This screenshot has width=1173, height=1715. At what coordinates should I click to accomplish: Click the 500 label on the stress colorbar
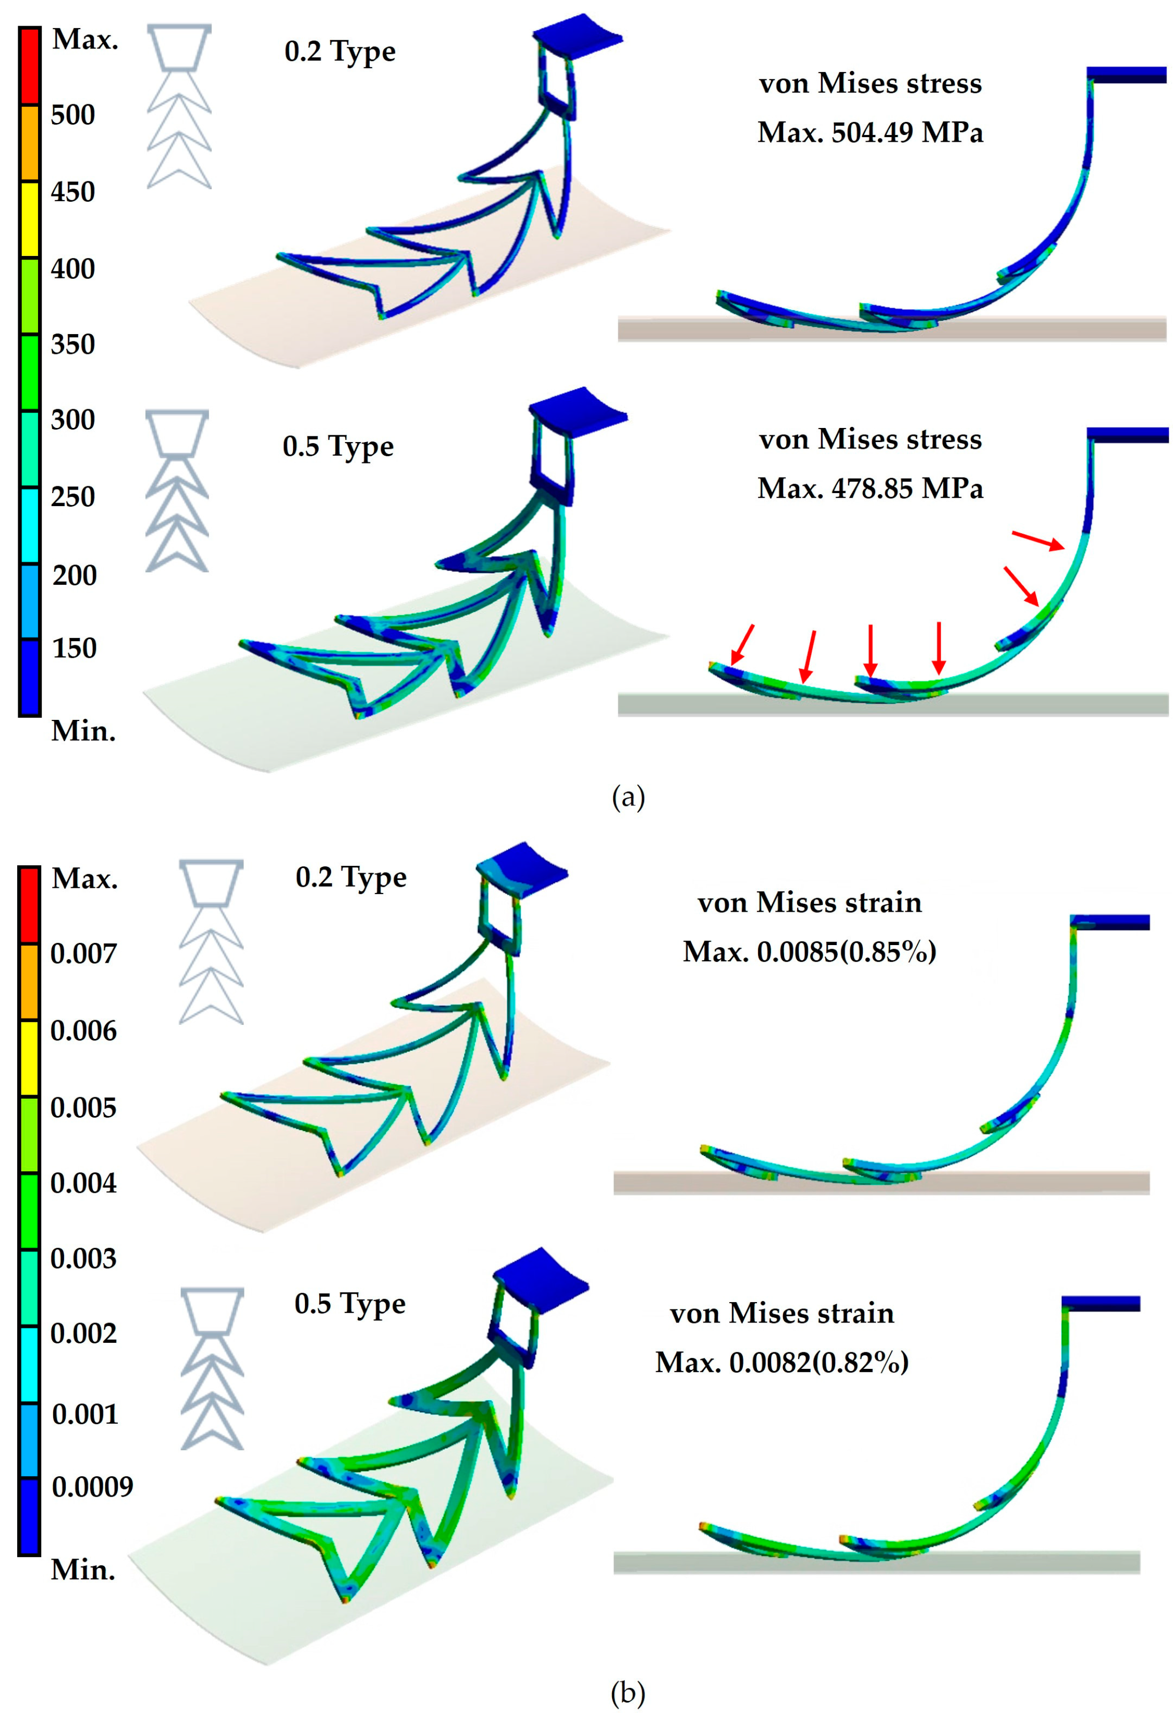[x=72, y=115]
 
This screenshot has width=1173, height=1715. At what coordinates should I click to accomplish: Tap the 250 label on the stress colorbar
[x=72, y=497]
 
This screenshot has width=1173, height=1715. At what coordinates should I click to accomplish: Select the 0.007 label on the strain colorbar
[x=83, y=953]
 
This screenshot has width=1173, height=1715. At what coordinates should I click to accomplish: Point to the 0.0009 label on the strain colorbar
[x=92, y=1486]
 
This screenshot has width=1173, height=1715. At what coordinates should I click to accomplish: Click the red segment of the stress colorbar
[x=30, y=66]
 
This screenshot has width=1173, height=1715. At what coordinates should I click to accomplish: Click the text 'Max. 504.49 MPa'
[x=870, y=133]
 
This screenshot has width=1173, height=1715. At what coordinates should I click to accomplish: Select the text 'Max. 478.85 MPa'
[x=870, y=488]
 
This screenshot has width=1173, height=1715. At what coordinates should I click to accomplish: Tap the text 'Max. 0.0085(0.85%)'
[x=809, y=952]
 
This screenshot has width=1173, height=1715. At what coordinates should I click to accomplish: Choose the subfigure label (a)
[x=628, y=798]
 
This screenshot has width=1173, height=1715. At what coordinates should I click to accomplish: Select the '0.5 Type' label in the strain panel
[x=350, y=1304]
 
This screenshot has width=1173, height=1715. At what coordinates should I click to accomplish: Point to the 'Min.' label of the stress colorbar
[x=83, y=731]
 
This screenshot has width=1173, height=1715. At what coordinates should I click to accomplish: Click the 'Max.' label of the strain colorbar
[x=84, y=878]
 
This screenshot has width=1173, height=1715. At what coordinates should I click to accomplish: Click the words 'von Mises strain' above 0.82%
[x=782, y=1314]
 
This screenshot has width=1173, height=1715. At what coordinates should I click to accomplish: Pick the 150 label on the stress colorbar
[x=74, y=648]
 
